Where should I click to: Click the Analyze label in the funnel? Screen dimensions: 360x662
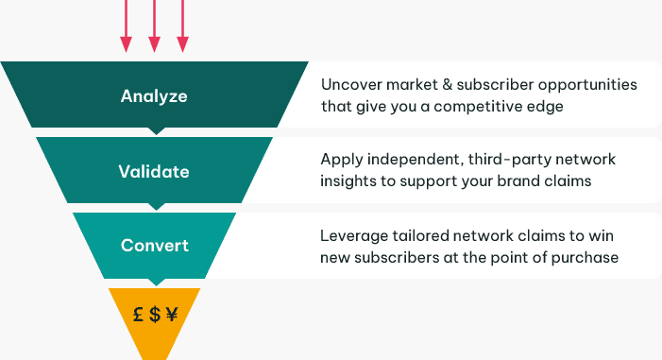pyautogui.click(x=154, y=96)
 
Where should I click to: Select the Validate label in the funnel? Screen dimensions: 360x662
pyautogui.click(x=154, y=172)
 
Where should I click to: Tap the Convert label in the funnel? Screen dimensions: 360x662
pyautogui.click(x=154, y=246)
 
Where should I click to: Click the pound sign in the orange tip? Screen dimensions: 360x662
pyautogui.click(x=138, y=315)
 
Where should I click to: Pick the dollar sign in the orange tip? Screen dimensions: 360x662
pyautogui.click(x=154, y=315)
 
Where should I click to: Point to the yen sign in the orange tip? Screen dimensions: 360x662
pyautogui.click(x=171, y=315)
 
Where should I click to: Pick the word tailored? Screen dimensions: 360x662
pyautogui.click(x=417, y=234)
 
